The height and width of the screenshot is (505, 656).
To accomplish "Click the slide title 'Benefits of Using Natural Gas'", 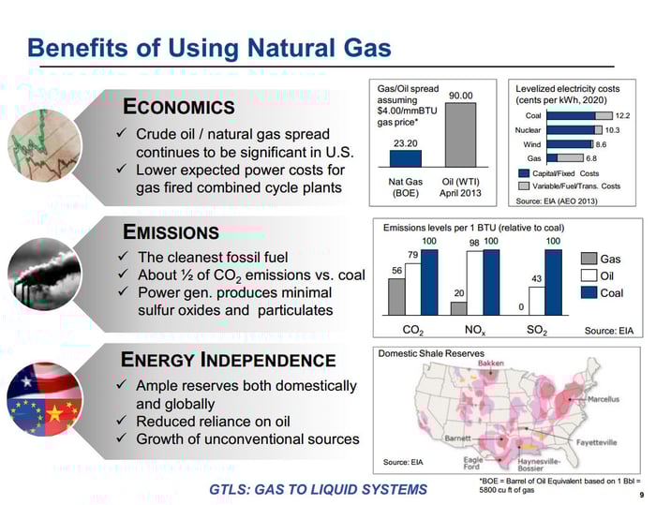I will pos(209,48).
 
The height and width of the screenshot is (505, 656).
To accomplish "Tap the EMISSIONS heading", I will pos(171,231).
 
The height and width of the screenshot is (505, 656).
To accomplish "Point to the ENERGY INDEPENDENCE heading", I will pos(229,360).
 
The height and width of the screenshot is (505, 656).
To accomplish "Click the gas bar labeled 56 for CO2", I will pos(397,295).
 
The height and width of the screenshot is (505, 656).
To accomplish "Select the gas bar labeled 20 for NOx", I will pos(458,307).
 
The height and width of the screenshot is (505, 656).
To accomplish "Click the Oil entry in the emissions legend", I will pos(601,275).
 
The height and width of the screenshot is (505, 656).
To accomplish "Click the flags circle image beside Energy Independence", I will pos(43,397).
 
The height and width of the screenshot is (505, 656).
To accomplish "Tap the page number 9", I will pos(641,495).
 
